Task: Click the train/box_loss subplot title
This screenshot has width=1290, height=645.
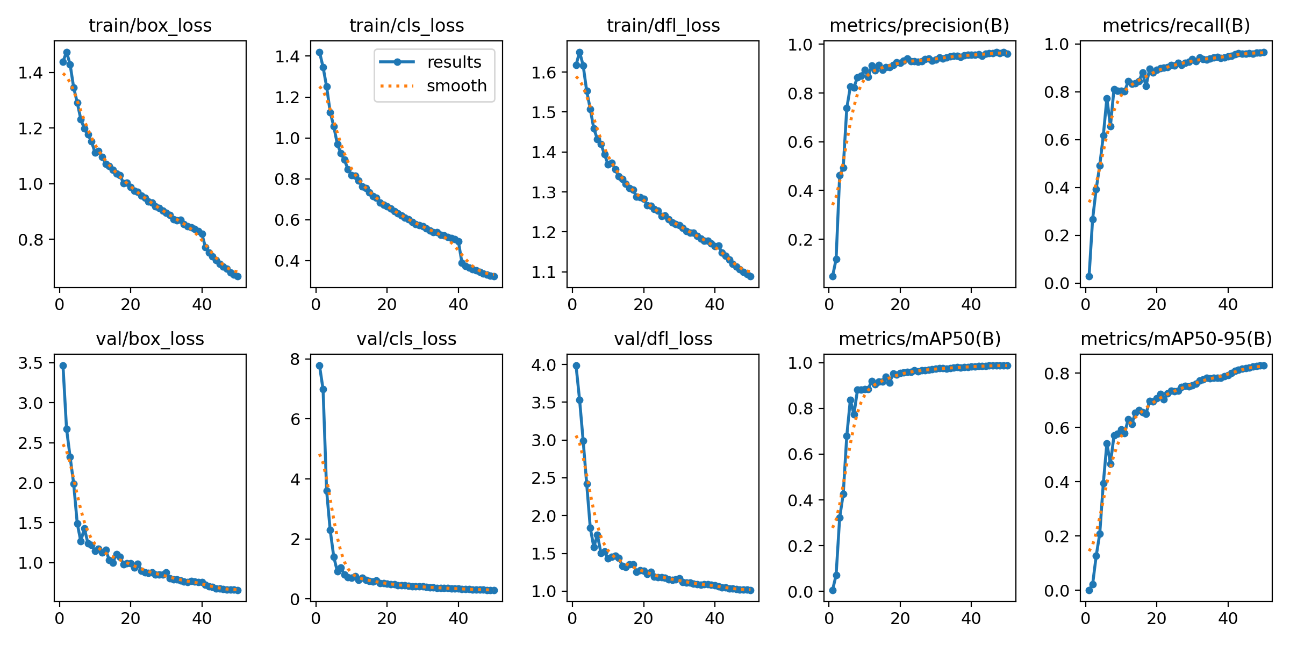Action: (150, 26)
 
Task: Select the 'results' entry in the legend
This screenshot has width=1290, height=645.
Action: (454, 62)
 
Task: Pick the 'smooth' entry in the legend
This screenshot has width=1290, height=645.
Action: (456, 86)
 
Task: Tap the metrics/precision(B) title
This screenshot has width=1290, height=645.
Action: (919, 26)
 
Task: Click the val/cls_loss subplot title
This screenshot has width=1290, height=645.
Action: (406, 339)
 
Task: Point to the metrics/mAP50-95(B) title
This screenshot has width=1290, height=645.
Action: (1176, 339)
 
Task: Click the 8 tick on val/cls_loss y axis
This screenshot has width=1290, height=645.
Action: (295, 360)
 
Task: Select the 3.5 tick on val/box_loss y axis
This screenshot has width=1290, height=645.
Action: (30, 363)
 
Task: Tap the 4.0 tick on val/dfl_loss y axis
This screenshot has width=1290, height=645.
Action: (543, 365)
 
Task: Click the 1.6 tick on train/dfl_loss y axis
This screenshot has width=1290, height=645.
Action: (543, 73)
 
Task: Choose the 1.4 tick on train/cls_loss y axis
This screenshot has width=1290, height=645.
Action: (287, 56)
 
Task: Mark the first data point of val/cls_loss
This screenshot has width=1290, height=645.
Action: (319, 365)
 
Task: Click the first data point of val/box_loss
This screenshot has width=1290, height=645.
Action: (63, 365)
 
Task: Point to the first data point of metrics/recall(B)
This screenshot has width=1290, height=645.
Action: (1089, 276)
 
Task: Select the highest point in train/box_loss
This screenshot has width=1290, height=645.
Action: (67, 53)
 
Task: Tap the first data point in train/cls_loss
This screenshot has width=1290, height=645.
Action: (319, 52)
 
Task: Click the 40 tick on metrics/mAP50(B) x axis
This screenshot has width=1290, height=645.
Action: (971, 619)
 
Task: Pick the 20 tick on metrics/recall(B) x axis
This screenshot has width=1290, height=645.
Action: (1156, 305)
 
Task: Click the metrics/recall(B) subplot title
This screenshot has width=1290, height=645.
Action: (1176, 26)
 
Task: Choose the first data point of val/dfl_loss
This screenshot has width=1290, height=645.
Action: (576, 365)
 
